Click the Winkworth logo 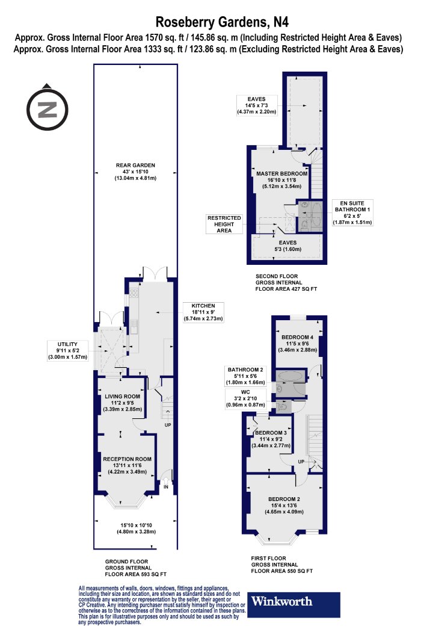coord(293,604)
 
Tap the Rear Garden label coord(135,172)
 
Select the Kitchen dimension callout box coord(203,312)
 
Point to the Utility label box coord(67,351)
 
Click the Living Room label coord(123,403)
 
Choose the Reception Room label coord(127,465)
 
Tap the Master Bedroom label coord(281,180)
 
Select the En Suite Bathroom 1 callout coord(352,212)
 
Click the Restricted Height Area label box coord(224,224)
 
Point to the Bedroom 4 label coord(297,344)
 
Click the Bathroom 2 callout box coord(245,376)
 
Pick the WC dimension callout coord(245,398)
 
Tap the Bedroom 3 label coord(271,439)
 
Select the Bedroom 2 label coord(284,506)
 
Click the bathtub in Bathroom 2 coord(290,376)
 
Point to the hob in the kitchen coord(134,293)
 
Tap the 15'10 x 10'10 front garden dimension coord(136,528)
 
